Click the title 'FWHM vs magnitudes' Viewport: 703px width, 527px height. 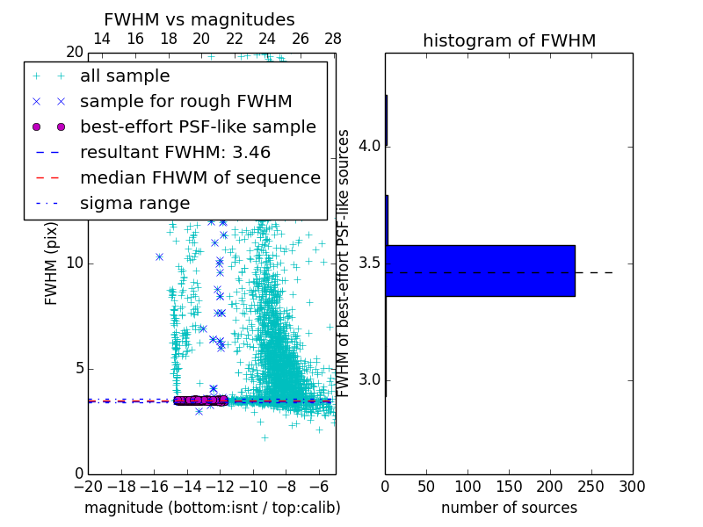(x=199, y=19)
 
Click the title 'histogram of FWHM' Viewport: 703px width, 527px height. (x=509, y=40)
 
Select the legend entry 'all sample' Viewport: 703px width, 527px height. (x=125, y=76)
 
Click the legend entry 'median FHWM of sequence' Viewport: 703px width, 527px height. (x=199, y=177)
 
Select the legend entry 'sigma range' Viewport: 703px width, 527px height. (x=134, y=203)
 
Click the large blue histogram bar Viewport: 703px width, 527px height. (x=480, y=271)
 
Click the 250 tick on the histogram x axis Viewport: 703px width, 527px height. (x=591, y=486)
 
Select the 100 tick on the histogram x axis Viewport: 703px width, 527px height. (x=467, y=486)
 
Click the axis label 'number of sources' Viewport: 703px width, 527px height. (x=509, y=508)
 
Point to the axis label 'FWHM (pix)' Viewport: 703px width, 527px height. (x=52, y=263)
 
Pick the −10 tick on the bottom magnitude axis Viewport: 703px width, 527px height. (x=253, y=486)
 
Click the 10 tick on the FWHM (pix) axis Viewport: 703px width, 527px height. (x=75, y=263)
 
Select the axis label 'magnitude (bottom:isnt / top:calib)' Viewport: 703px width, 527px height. (x=212, y=508)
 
